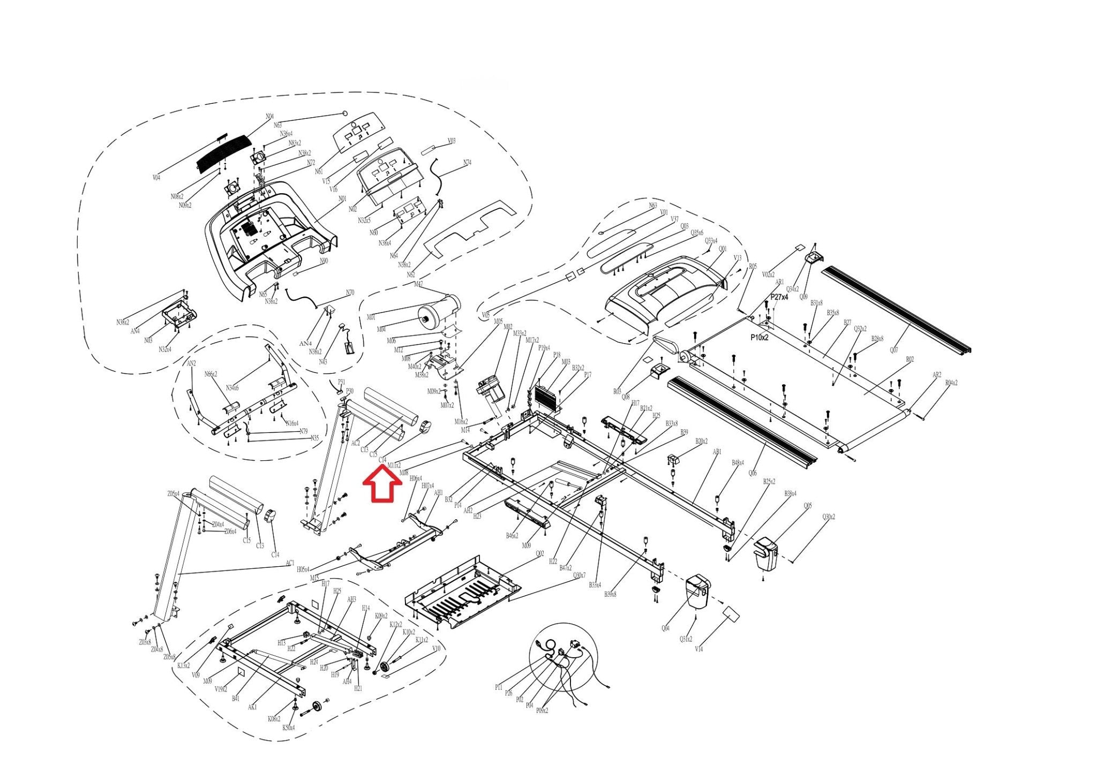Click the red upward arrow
[382, 484]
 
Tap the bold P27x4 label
[779, 297]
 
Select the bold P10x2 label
[759, 338]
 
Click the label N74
[467, 163]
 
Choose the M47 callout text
[418, 284]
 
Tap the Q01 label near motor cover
[723, 249]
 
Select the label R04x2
[951, 383]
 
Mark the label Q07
[893, 350]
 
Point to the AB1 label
[717, 452]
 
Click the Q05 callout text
[807, 506]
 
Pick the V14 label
[698, 649]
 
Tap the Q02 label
[539, 553]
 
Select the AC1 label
[290, 563]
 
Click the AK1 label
[252, 707]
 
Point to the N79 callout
[304, 431]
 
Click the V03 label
[451, 141]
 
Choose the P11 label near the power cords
[499, 687]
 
